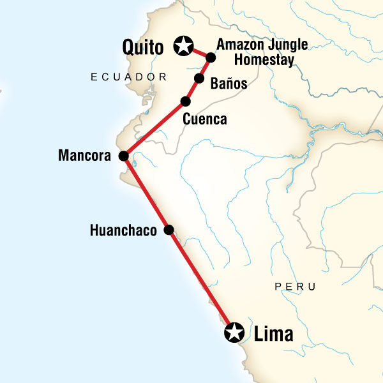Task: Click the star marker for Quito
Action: [x=184, y=45]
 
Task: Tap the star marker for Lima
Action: [x=235, y=332]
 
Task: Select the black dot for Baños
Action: [x=199, y=79]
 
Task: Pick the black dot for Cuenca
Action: [x=186, y=101]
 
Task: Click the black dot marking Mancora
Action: [x=124, y=156]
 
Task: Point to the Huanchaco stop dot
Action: [x=169, y=230]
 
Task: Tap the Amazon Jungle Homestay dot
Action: [x=210, y=57]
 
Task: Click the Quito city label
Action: [x=146, y=46]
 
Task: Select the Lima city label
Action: [x=273, y=333]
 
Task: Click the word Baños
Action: [x=229, y=84]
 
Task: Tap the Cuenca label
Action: [x=204, y=119]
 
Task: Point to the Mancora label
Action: [x=85, y=155]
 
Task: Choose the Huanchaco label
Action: [x=123, y=230]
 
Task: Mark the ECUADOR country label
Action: [x=128, y=77]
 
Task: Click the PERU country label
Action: [x=295, y=287]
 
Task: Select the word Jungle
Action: [x=287, y=45]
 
